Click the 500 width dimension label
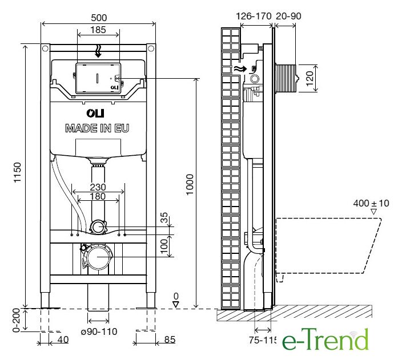click(99, 18)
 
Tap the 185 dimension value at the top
click(98, 30)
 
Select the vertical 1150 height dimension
click(17, 172)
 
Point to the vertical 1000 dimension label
click(190, 184)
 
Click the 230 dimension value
click(98, 187)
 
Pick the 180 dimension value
click(98, 196)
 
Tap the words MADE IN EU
click(97, 128)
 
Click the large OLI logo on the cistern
click(95, 113)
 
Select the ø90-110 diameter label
click(99, 331)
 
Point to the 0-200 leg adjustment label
click(16, 320)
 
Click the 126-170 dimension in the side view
click(254, 16)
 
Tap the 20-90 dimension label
click(288, 16)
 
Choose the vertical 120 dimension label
click(309, 78)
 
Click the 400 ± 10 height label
click(371, 203)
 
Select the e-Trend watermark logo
click(325, 339)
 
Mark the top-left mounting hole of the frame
click(45, 48)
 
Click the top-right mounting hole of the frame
click(151, 48)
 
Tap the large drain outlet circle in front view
click(97, 257)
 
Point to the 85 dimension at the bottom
click(170, 339)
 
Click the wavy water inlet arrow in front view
click(98, 51)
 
